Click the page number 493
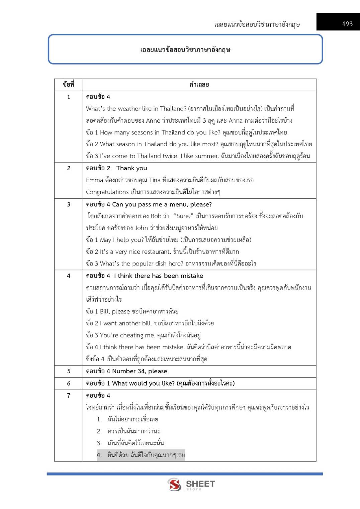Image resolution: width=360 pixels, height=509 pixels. pos(347,24)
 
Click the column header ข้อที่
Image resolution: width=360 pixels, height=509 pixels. pos(69,85)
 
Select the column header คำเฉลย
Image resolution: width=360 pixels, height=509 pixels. pos(199,85)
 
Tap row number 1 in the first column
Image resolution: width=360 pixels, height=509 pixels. pos(69,97)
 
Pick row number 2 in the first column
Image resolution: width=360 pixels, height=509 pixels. pos(69,168)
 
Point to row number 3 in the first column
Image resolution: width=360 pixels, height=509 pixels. pos(69,204)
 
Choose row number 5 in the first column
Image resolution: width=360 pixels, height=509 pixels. pos(69,371)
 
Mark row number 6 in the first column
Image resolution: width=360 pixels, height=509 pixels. pos(69,383)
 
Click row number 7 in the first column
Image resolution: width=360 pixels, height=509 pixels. pos(69,396)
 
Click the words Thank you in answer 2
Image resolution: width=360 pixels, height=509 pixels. pos(131,168)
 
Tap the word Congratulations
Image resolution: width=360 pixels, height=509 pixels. pos(107,192)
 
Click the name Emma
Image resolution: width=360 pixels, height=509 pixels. pos(94,180)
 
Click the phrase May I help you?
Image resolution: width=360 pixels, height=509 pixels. pos(122,240)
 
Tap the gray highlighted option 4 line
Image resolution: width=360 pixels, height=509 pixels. pos(141,455)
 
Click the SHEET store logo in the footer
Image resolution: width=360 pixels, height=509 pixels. pos(191,484)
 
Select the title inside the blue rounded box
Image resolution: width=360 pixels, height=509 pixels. pos(185,50)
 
